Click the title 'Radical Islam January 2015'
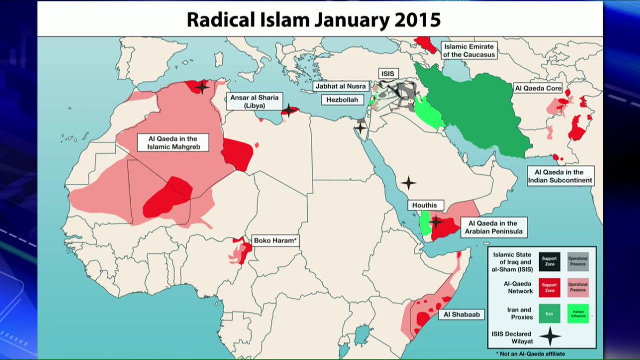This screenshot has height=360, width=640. pos(314,20)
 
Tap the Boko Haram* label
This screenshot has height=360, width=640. pos(275,241)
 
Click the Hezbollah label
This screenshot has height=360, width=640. pos(342,100)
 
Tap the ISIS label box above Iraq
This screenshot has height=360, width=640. pos(388,73)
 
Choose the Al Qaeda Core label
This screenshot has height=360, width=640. pos(538,87)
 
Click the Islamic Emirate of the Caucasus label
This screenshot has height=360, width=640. pos(469,51)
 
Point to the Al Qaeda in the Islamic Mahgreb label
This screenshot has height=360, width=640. pos(172,142)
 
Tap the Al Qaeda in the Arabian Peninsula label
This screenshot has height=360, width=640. pos(493,227)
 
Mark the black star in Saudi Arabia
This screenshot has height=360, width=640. pos(408,183)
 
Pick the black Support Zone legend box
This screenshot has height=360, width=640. pos(549,261)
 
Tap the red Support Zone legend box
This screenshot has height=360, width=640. pos(549,288)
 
